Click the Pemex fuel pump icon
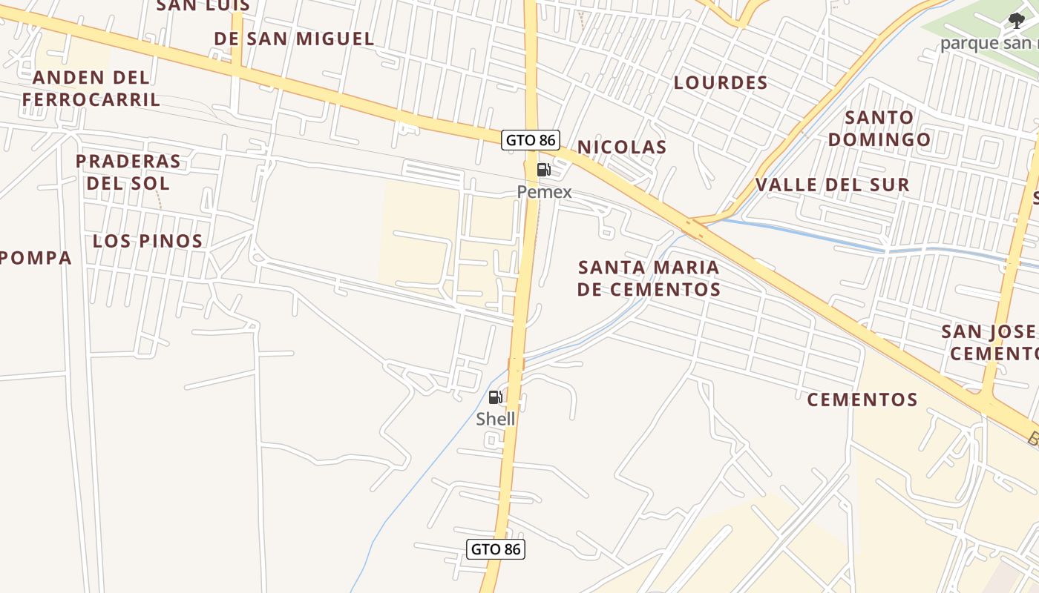tap(544, 170)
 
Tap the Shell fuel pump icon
tap(496, 397)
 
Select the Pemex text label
tap(545, 192)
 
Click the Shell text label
tap(496, 419)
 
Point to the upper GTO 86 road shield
tap(530, 139)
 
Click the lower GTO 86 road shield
tap(496, 549)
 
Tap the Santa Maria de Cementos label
tap(649, 278)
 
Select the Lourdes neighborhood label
tap(721, 82)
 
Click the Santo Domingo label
tap(879, 128)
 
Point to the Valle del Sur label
tap(833, 185)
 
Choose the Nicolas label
tap(622, 147)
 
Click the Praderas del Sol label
tap(128, 172)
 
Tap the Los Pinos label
tap(148, 241)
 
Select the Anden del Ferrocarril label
tap(91, 88)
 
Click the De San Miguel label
tap(294, 39)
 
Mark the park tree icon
tap(1016, 21)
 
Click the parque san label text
tap(989, 43)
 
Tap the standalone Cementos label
tap(862, 400)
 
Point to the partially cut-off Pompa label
tap(36, 258)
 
